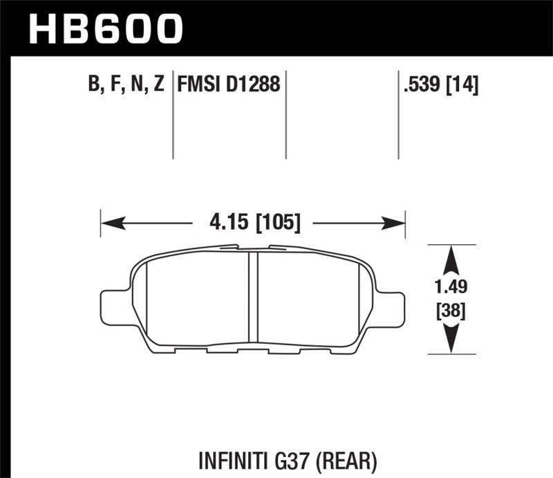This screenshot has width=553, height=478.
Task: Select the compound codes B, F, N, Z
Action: point(126,86)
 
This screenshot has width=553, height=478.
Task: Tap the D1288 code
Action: point(252,86)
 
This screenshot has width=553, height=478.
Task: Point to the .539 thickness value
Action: point(421,86)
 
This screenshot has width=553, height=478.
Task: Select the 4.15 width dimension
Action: point(225,223)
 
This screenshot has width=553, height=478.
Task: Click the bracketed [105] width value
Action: point(277,223)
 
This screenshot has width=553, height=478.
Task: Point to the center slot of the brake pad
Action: point(252,297)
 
